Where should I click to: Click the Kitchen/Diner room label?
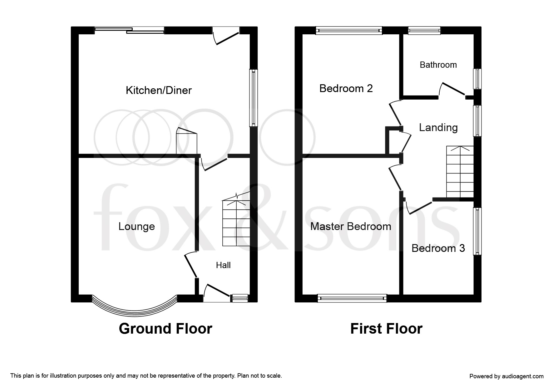click(x=158, y=91)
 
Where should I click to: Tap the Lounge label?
click(x=136, y=227)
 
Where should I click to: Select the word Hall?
click(x=223, y=265)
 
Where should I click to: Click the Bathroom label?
click(x=438, y=65)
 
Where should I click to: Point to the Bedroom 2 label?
click(x=346, y=89)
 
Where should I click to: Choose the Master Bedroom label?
click(x=351, y=227)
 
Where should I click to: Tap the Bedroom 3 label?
click(x=438, y=248)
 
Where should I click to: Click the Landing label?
click(x=438, y=128)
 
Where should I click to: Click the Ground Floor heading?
click(x=165, y=329)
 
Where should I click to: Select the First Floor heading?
click(x=386, y=329)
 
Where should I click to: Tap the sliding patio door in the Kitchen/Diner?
click(x=129, y=30)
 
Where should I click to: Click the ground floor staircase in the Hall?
click(x=236, y=223)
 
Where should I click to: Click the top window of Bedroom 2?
click(x=349, y=31)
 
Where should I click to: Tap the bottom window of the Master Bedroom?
click(x=352, y=298)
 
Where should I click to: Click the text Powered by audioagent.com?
click(x=506, y=376)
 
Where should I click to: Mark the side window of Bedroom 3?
click(x=477, y=231)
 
